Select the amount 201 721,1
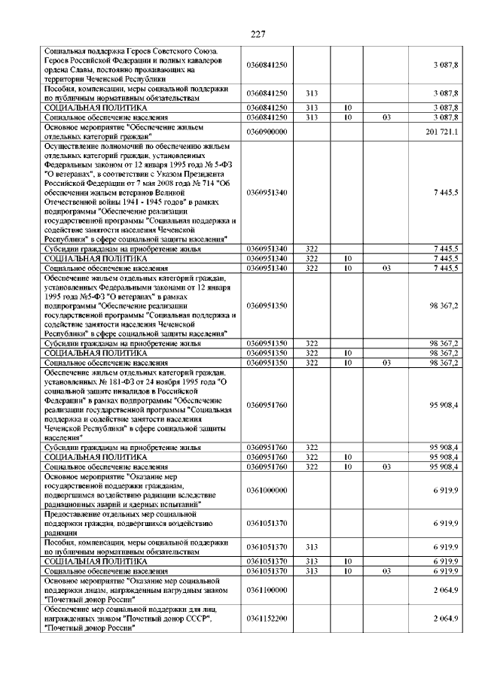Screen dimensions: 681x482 [441, 132]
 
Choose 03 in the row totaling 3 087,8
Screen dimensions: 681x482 [386, 118]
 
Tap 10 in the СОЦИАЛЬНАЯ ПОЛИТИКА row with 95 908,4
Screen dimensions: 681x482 [349, 457]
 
